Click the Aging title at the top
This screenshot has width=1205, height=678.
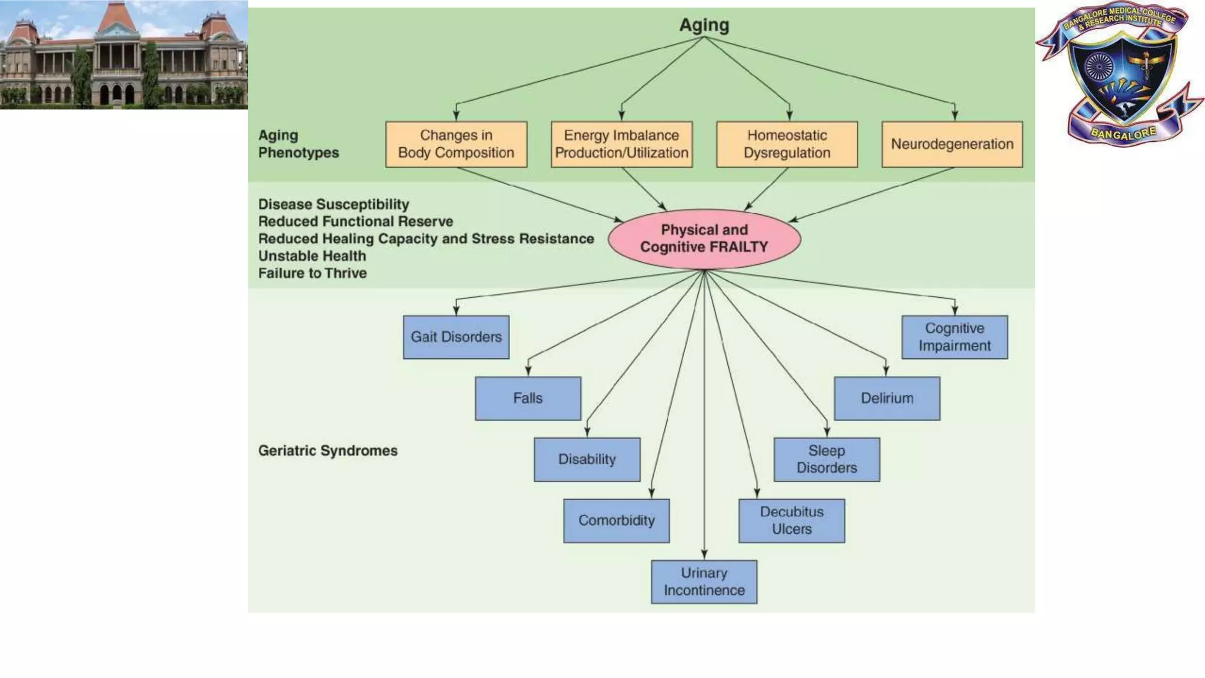click(x=704, y=25)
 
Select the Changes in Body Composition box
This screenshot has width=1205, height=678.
click(x=456, y=144)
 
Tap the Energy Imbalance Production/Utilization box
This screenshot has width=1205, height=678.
click(x=621, y=144)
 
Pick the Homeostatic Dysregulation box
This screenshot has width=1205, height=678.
click(x=787, y=144)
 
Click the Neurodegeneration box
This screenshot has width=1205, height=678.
click(x=952, y=144)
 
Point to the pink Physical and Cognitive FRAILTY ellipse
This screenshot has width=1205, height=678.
click(x=704, y=239)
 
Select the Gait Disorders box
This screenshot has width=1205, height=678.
click(x=456, y=337)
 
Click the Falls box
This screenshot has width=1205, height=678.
click(x=528, y=398)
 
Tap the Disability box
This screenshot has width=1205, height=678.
click(x=587, y=460)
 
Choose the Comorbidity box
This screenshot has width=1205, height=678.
click(x=616, y=521)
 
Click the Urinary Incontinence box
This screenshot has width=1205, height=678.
click(x=704, y=581)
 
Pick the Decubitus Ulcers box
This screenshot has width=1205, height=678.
click(x=791, y=521)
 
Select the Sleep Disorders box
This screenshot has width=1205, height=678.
click(x=827, y=460)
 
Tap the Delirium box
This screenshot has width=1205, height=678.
click(x=887, y=398)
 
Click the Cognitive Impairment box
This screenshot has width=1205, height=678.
click(x=954, y=337)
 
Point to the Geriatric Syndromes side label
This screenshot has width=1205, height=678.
click(x=328, y=451)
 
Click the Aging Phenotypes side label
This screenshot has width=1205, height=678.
click(x=298, y=144)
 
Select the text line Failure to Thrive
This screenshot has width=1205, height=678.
click(x=312, y=273)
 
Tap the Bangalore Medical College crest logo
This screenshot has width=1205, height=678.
click(x=1121, y=74)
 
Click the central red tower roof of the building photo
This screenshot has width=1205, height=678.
click(x=118, y=18)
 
